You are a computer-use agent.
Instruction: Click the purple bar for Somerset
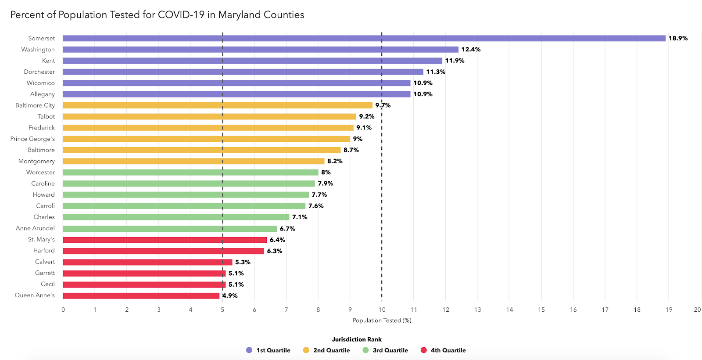(364, 38)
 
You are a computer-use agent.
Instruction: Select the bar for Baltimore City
(218, 105)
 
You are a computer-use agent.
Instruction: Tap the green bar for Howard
(186, 194)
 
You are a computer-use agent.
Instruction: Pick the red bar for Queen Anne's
(141, 295)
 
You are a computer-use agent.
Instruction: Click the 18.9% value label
(678, 38)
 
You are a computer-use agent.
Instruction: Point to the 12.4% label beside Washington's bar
(471, 50)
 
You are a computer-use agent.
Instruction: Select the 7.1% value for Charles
(300, 217)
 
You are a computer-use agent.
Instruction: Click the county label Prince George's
(33, 139)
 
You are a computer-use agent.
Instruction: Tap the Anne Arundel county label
(36, 228)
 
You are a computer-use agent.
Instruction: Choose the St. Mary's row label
(42, 239)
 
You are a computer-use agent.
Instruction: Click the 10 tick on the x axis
(382, 310)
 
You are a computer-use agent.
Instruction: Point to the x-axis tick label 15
(541, 310)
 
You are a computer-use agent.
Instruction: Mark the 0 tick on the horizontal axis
(63, 310)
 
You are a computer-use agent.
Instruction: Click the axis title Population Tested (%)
(382, 320)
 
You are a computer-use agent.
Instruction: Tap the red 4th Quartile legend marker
(423, 350)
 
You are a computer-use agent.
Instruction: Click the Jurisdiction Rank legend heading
(357, 339)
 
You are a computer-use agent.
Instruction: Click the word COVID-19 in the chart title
(181, 14)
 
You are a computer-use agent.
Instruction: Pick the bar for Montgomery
(193, 161)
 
